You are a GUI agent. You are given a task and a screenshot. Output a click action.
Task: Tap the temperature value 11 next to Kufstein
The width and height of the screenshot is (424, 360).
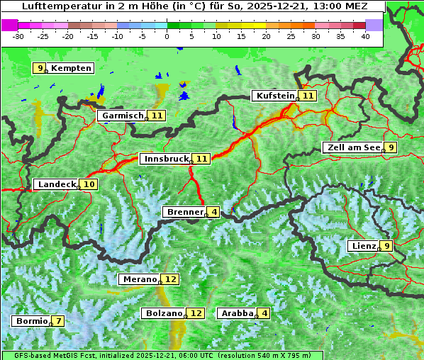tap(307, 96)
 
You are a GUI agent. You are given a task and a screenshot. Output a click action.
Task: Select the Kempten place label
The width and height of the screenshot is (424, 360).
tap(71, 68)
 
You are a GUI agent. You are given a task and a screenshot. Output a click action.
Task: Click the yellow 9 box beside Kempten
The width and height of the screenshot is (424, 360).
tap(40, 68)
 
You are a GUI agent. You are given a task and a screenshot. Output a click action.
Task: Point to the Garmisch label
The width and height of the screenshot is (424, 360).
tap(122, 115)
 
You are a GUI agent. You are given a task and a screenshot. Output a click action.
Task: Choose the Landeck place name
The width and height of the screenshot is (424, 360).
tap(56, 184)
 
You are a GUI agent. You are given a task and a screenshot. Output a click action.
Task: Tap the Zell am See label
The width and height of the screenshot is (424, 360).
tap(352, 147)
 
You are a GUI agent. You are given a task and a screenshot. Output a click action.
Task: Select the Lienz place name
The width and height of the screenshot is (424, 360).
tap(362, 246)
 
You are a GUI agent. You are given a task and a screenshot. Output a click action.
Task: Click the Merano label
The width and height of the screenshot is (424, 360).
tap(139, 279)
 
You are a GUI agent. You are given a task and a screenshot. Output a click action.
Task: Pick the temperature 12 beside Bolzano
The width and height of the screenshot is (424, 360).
tap(196, 313)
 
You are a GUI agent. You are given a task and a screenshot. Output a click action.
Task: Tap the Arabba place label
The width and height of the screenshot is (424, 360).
tap(237, 313)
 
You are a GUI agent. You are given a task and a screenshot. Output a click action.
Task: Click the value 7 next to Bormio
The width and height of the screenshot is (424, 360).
tap(58, 321)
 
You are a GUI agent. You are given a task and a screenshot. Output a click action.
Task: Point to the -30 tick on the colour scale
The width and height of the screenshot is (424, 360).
tap(18, 35)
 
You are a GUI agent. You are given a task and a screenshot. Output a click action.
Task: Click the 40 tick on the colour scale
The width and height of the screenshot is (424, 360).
tap(365, 35)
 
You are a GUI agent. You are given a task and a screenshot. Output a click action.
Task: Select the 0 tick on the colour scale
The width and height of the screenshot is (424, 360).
tap(167, 35)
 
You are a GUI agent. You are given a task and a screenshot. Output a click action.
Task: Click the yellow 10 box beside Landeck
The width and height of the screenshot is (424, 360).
tap(89, 184)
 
